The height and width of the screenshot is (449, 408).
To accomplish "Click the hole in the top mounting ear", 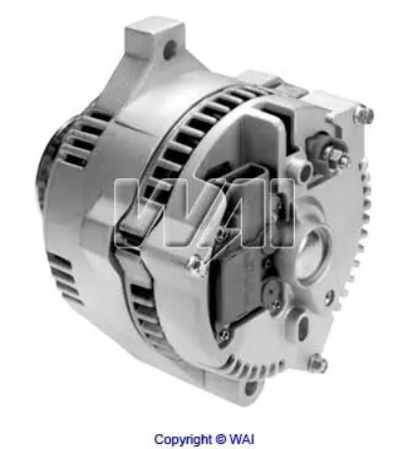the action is tap(170, 49).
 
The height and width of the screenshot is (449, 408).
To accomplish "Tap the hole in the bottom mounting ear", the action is tap(251, 387).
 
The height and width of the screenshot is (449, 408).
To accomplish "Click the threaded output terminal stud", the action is tap(336, 156).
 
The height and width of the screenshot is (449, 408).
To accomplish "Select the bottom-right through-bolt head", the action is tap(318, 363).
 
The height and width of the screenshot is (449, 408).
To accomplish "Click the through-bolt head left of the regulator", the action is tap(197, 265).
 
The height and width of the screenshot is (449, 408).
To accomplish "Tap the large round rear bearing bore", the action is tap(312, 253).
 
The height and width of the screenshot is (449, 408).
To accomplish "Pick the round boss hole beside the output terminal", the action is tap(304, 170).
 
